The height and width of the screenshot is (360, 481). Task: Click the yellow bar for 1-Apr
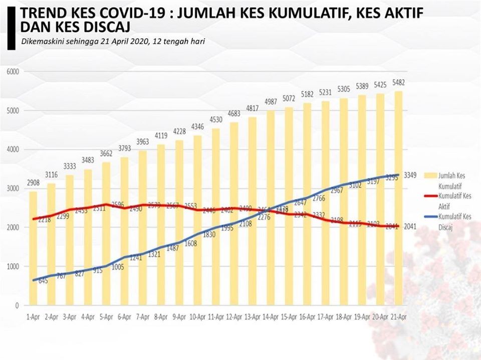tap(33, 248)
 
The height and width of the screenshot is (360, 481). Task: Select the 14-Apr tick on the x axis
tap(272, 317)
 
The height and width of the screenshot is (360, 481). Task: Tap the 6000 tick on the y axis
tap(13, 72)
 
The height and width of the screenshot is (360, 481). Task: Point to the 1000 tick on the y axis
tap(13, 266)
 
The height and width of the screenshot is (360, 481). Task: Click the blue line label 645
tap(43, 280)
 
